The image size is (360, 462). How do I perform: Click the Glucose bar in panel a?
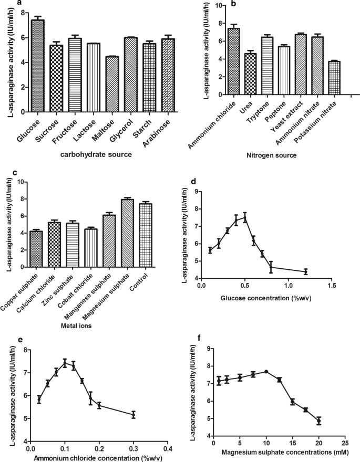[x=37, y=66]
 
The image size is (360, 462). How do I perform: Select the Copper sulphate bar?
[x=36, y=248]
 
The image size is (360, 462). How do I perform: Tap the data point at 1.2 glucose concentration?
[x=305, y=271]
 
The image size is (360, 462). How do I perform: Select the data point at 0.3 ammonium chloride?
[x=133, y=415]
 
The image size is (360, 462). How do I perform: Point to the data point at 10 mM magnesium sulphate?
[x=266, y=371]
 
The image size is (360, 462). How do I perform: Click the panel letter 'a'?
[x=19, y=4]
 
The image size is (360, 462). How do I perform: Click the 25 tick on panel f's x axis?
[x=344, y=444]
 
